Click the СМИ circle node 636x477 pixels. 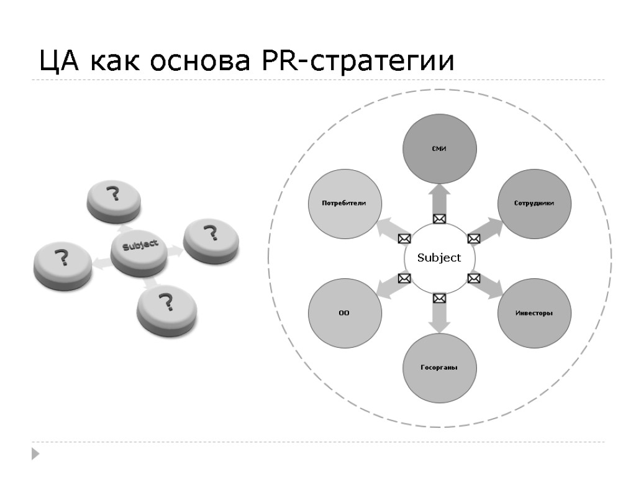click(440, 149)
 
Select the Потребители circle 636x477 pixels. click(344, 204)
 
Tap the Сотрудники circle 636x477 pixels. click(534, 204)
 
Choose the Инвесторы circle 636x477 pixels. click(534, 312)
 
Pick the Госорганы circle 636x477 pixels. click(439, 367)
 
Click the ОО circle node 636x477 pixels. click(344, 312)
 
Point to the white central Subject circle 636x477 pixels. click(439, 258)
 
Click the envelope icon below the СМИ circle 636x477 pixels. click(439, 219)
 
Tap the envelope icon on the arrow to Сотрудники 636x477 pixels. click(473, 238)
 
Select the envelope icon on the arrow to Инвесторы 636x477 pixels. click(473, 278)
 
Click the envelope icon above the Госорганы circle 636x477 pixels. click(439, 298)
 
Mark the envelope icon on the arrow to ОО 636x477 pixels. click(404, 278)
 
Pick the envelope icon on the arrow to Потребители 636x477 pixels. click(404, 238)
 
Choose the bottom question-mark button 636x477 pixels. click(166, 308)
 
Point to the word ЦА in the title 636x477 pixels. click(58, 62)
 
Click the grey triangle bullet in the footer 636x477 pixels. click(35, 453)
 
